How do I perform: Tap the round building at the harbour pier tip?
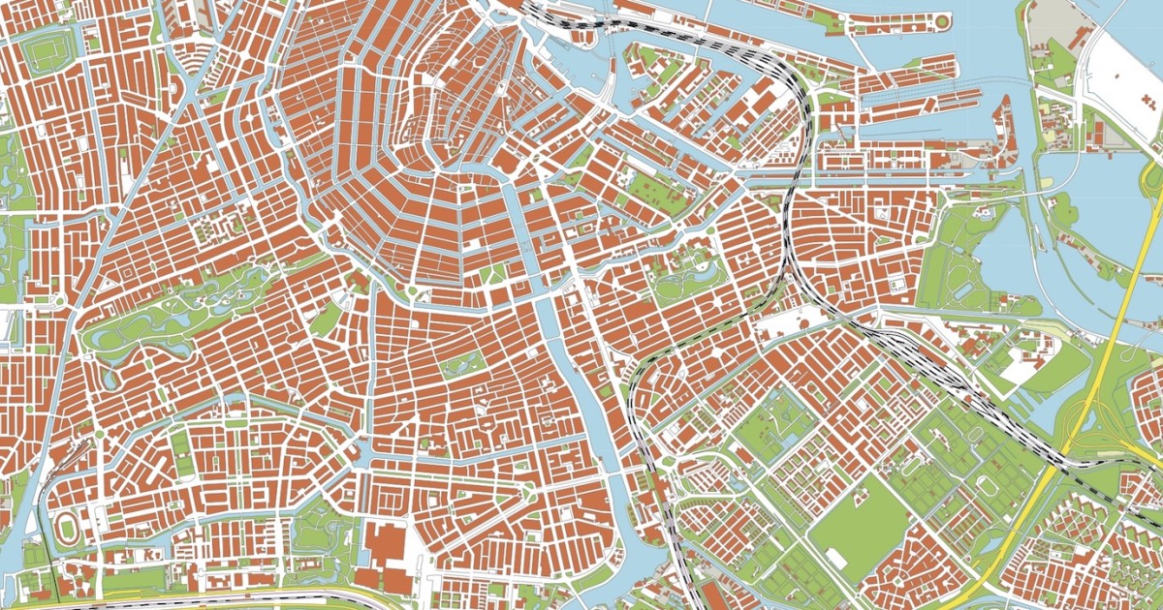[941, 20]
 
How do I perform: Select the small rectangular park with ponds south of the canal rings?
[462, 363]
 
